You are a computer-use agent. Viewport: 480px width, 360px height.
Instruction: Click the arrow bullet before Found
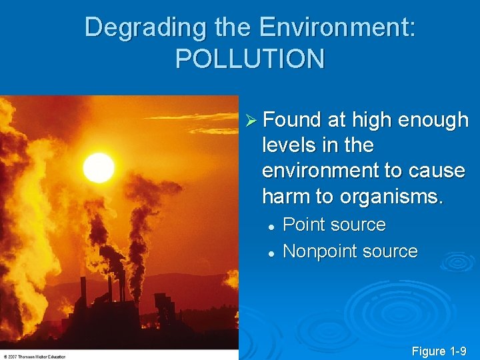[251, 120]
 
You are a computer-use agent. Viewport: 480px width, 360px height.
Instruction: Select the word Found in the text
[292, 120]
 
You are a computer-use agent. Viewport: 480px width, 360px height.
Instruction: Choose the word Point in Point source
[303, 225]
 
